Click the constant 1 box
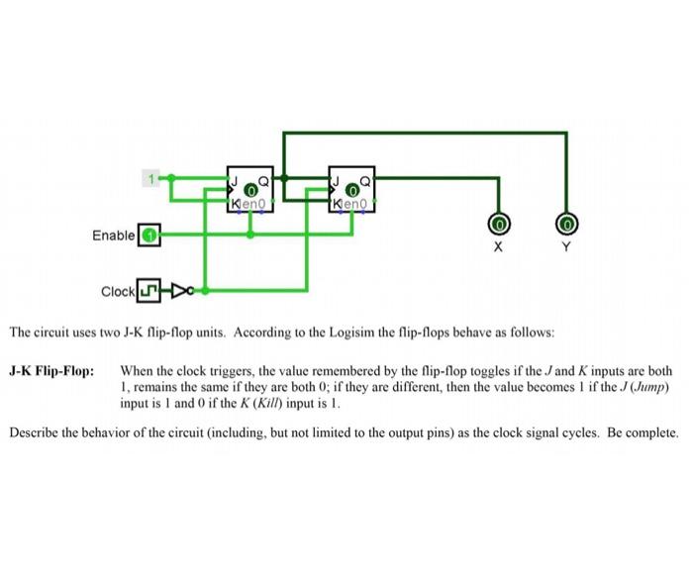point(152,179)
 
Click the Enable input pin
point(148,236)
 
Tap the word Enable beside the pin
point(113,236)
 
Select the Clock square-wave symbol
point(148,292)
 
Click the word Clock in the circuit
point(118,292)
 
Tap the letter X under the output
point(499,247)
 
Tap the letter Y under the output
point(568,247)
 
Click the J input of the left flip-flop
point(235,181)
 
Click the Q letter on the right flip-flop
point(365,181)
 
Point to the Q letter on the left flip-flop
point(263,181)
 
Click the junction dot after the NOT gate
point(205,291)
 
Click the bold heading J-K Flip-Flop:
point(51,371)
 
